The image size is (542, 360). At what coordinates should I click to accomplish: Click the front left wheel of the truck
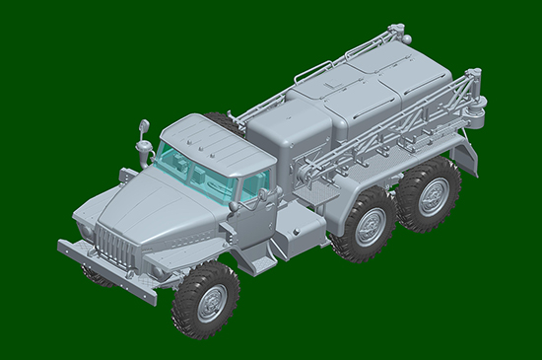coord(205,300)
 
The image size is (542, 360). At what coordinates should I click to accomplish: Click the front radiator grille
coord(116,247)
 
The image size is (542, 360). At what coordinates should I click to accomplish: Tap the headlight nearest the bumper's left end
coord(86,230)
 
